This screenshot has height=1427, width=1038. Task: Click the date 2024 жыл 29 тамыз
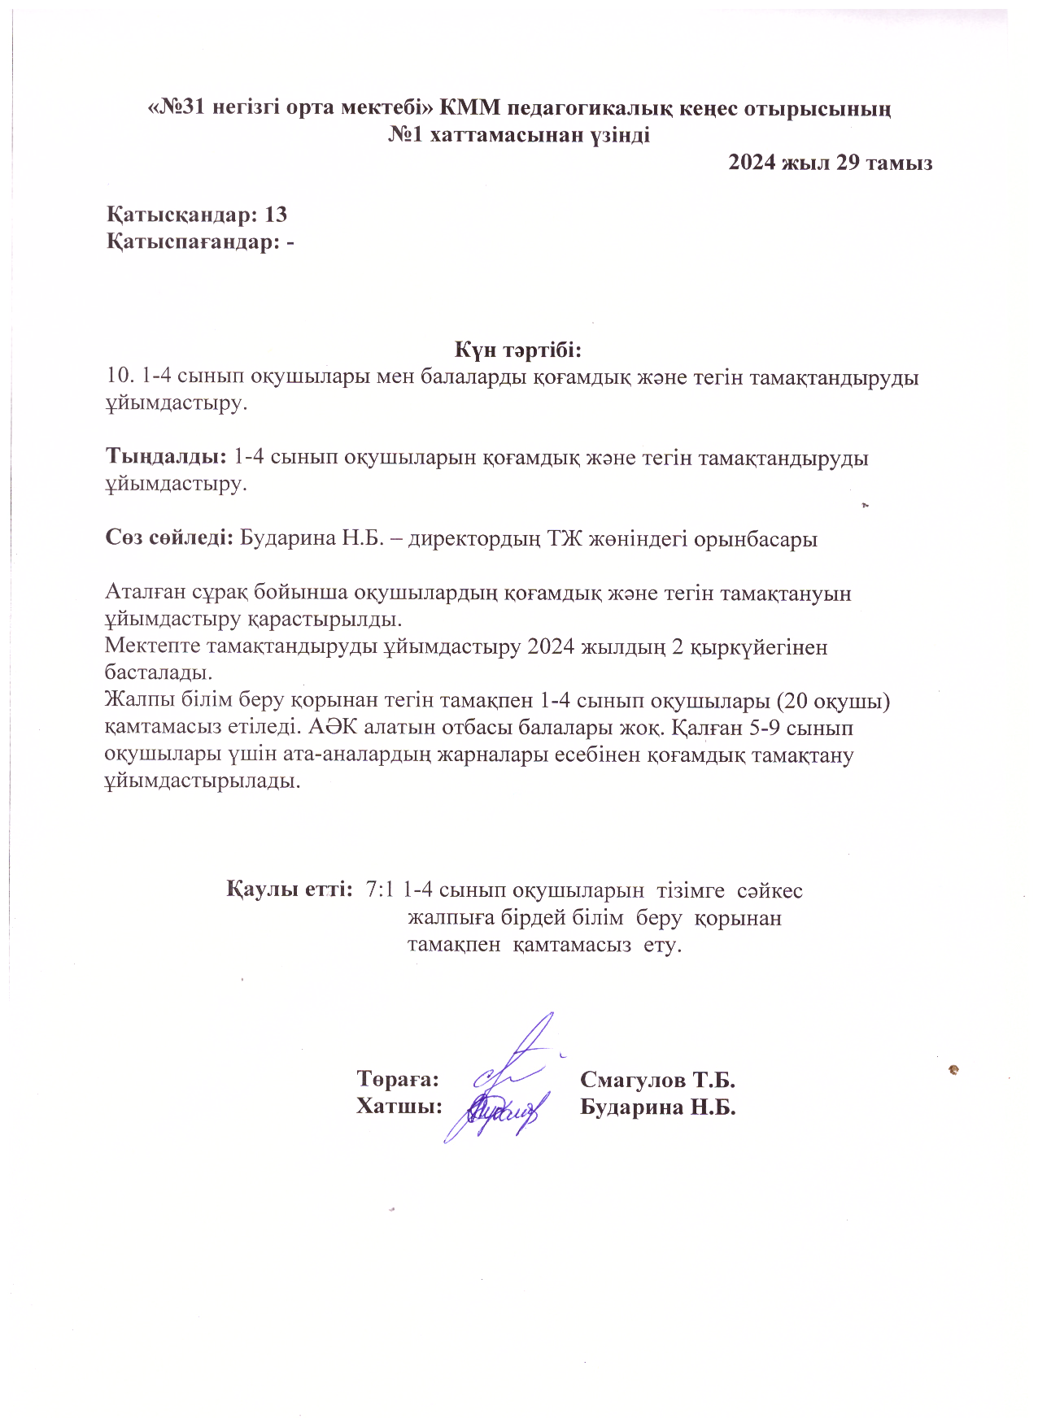pos(830,163)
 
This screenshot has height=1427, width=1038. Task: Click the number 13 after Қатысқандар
pos(276,215)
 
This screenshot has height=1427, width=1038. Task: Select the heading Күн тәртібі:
pos(519,350)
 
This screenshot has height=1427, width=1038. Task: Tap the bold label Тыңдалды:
pos(166,457)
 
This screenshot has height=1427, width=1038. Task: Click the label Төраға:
pos(398,1080)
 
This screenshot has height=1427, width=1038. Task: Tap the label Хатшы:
pos(399,1107)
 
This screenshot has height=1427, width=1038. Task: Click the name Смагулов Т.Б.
pos(657,1080)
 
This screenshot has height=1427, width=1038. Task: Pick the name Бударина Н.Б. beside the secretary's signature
pos(657,1107)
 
